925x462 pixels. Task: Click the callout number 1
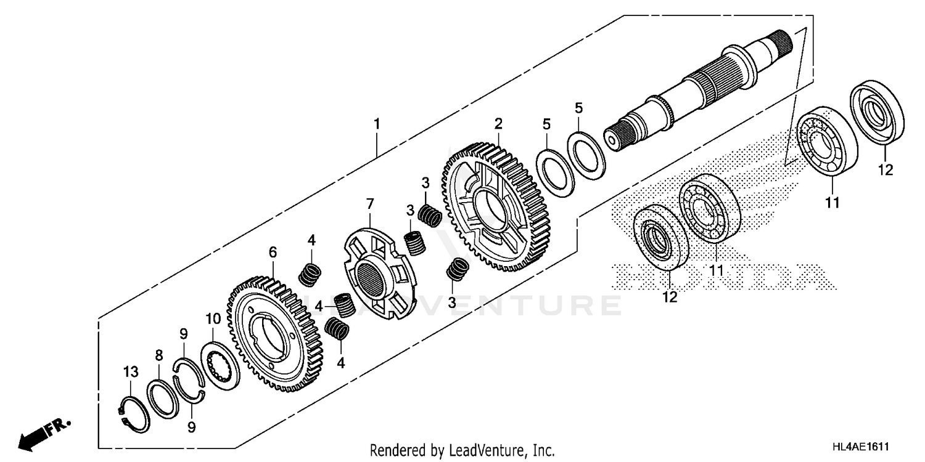(376, 124)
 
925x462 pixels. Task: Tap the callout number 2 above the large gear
(498, 124)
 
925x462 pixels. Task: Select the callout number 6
(273, 251)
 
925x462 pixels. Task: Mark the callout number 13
(131, 371)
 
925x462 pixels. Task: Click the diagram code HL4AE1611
(863, 450)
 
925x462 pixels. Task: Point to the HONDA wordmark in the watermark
(721, 276)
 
